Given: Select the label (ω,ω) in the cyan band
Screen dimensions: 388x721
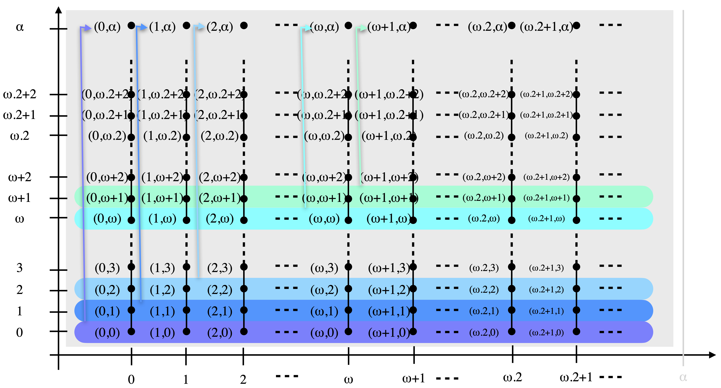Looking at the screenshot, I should (x=324, y=219).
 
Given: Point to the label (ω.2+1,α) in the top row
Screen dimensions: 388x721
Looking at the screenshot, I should (x=546, y=27).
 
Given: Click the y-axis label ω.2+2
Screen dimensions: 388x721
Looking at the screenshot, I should (x=20, y=94).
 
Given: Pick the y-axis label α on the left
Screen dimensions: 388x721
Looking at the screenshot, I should (x=20, y=27).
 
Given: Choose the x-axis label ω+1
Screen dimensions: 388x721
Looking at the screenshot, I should (x=413, y=378).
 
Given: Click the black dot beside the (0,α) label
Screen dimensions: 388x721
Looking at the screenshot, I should (x=131, y=25).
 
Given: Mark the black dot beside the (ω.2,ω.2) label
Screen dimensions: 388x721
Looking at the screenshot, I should (x=511, y=137).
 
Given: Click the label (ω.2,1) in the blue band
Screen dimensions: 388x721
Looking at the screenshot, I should (x=484, y=311).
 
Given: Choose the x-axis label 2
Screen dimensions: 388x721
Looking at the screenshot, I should (x=243, y=380).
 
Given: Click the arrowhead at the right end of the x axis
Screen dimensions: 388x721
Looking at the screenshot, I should (x=712, y=355).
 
